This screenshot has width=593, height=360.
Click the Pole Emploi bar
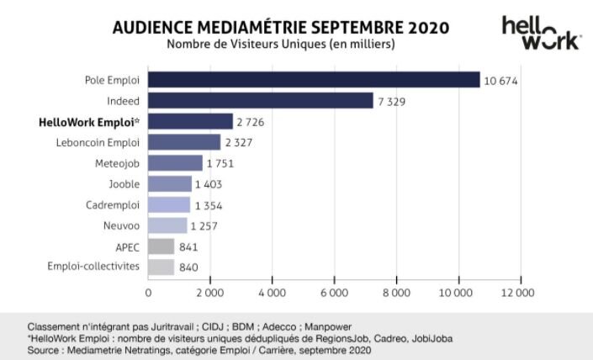pyautogui.click(x=314, y=80)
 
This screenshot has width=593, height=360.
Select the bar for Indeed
pyautogui.click(x=261, y=101)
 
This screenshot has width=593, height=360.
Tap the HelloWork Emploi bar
pyautogui.click(x=190, y=121)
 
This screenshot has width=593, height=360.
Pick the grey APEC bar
pyautogui.click(x=161, y=246)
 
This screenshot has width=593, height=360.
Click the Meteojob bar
pyautogui.click(x=175, y=163)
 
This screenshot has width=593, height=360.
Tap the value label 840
pyautogui.click(x=190, y=267)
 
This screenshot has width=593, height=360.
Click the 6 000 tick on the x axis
pyautogui.click(x=334, y=293)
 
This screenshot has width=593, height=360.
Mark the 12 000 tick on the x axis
pyautogui.click(x=518, y=293)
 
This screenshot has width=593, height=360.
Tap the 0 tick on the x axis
pyautogui.click(x=149, y=293)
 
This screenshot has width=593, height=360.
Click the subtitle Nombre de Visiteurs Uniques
pyautogui.click(x=281, y=45)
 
